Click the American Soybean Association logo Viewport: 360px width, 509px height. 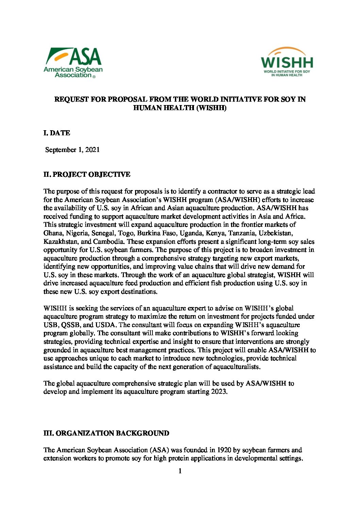(x=73, y=63)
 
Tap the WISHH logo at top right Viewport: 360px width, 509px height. (x=287, y=62)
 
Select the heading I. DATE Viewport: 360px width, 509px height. (x=57, y=133)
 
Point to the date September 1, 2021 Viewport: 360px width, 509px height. (x=72, y=150)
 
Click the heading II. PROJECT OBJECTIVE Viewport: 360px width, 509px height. (x=87, y=174)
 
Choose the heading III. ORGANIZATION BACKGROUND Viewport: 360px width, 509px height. (x=106, y=433)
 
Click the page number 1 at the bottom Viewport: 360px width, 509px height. (x=180, y=471)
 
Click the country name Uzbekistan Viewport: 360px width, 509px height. (x=275, y=233)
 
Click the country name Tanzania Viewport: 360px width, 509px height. (x=241, y=233)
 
